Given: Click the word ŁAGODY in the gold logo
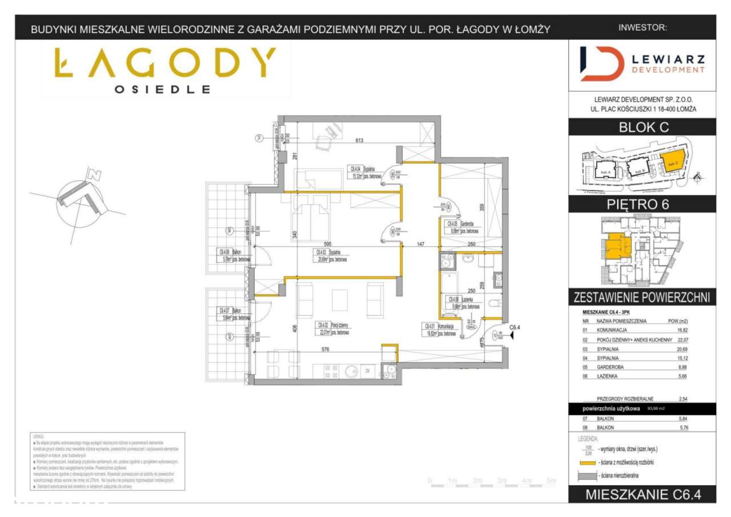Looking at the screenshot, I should tap(165, 63).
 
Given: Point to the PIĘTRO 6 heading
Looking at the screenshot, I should tap(643, 205).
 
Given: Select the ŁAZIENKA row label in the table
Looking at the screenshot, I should tap(610, 376).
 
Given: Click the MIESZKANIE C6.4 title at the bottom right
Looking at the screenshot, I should tap(642, 495).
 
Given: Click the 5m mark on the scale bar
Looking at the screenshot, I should tap(551, 481).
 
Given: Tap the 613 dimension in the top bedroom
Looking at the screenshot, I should tap(359, 141).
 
